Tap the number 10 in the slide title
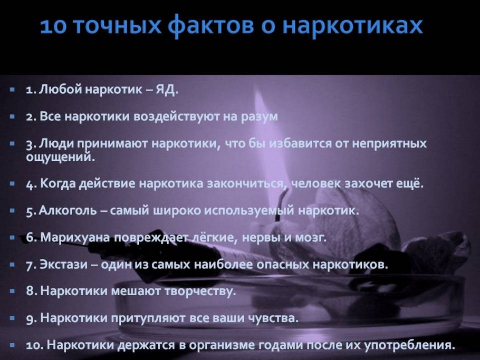click(x=53, y=26)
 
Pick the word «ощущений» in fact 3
click(x=60, y=156)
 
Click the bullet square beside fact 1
click(x=12, y=90)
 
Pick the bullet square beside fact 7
click(x=12, y=265)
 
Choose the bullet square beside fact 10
click(x=12, y=345)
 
